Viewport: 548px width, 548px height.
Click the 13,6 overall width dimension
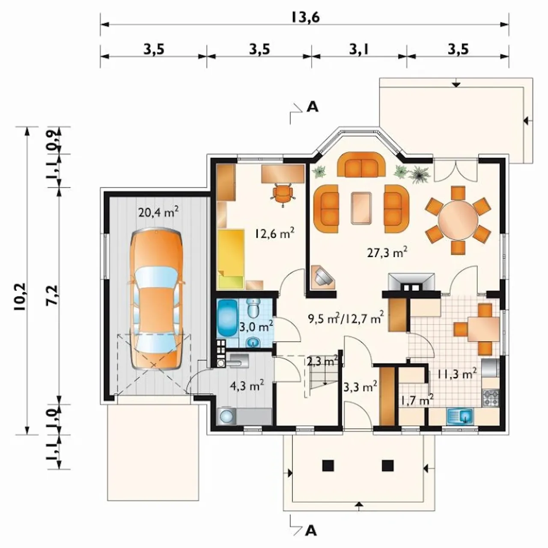pos(305,18)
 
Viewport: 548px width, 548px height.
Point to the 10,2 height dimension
pos(22,297)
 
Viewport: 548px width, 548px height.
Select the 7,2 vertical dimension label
pos(53,295)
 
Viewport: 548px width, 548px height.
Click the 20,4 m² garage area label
pos(158,212)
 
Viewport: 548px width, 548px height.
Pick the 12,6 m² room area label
pos(274,233)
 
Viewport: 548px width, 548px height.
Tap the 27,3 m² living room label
pos(387,253)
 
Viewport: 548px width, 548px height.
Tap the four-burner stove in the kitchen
pos(491,399)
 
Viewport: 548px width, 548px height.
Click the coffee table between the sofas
pos(361,208)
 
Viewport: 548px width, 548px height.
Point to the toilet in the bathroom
pos(253,308)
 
